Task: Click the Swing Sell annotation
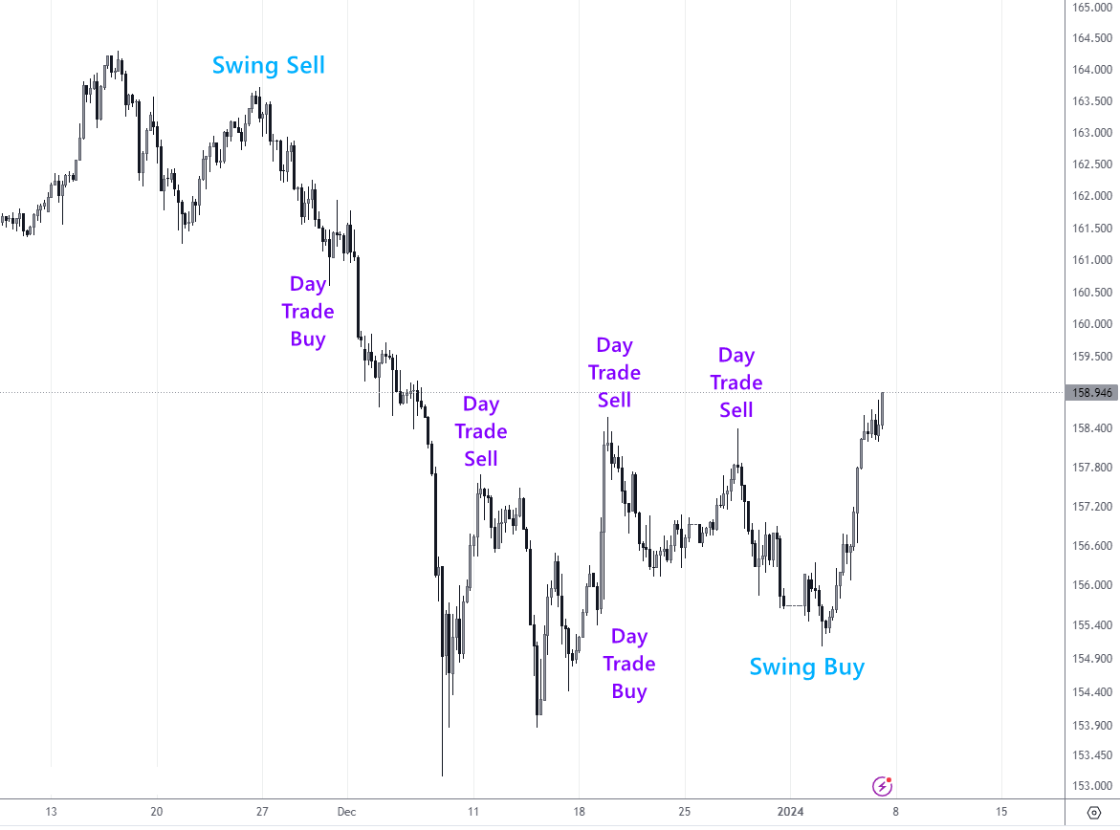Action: [269, 65]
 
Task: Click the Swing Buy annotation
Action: [806, 666]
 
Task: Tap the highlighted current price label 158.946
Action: [1089, 392]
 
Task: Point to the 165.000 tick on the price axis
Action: [1090, 8]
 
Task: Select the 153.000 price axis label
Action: [1090, 786]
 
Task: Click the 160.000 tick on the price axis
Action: [1090, 323]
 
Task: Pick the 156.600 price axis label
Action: [1090, 546]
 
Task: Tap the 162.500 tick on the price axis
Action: [1090, 164]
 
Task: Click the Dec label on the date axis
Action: [346, 812]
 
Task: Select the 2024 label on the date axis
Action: [789, 812]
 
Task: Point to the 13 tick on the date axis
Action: [51, 812]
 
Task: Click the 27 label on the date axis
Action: [262, 812]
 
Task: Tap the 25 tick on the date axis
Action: [684, 812]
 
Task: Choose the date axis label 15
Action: [1000, 812]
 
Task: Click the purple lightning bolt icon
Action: [883, 786]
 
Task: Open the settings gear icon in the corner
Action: [1094, 812]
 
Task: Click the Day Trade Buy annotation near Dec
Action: [307, 311]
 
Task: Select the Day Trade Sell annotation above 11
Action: [481, 431]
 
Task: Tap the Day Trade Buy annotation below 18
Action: [629, 664]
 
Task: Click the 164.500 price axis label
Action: [1090, 39]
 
